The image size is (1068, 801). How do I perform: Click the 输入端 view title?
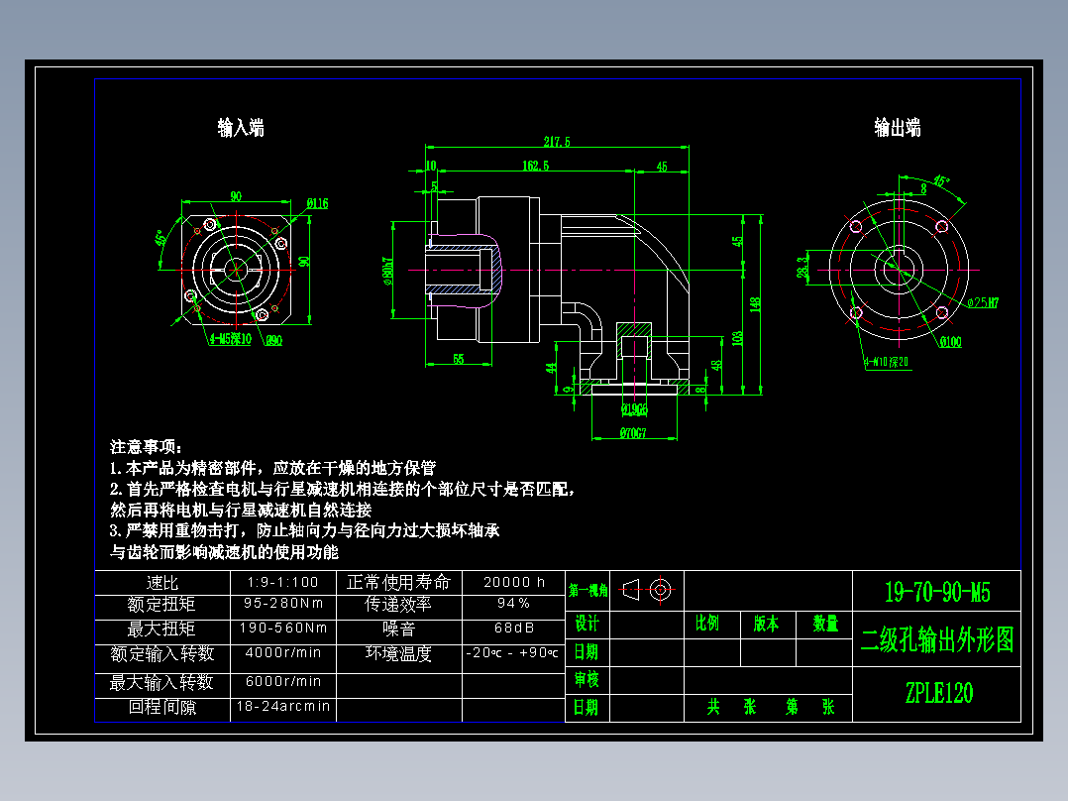tap(241, 128)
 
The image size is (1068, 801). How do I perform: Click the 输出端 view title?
tap(898, 128)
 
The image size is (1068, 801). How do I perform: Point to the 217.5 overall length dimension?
tap(557, 142)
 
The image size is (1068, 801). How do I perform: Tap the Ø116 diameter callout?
tap(317, 204)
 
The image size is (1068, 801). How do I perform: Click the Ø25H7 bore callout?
tap(982, 302)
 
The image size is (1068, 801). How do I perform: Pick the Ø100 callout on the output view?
tap(951, 343)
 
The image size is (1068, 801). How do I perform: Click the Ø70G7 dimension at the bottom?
tap(633, 433)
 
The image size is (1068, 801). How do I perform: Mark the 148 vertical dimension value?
tap(755, 304)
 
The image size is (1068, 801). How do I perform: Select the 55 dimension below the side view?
tap(458, 359)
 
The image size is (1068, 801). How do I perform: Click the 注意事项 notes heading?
tap(147, 447)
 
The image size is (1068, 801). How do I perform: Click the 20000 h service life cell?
tap(513, 583)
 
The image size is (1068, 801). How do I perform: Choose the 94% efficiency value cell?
tap(513, 603)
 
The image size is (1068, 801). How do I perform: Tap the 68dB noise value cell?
tap(513, 629)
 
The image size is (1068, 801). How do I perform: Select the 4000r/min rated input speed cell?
tap(283, 653)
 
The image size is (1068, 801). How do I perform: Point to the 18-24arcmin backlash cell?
tap(283, 708)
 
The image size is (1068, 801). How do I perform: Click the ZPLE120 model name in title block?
tap(938, 693)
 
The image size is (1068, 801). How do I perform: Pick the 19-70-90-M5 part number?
tap(937, 594)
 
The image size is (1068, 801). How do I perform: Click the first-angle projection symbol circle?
tap(660, 590)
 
